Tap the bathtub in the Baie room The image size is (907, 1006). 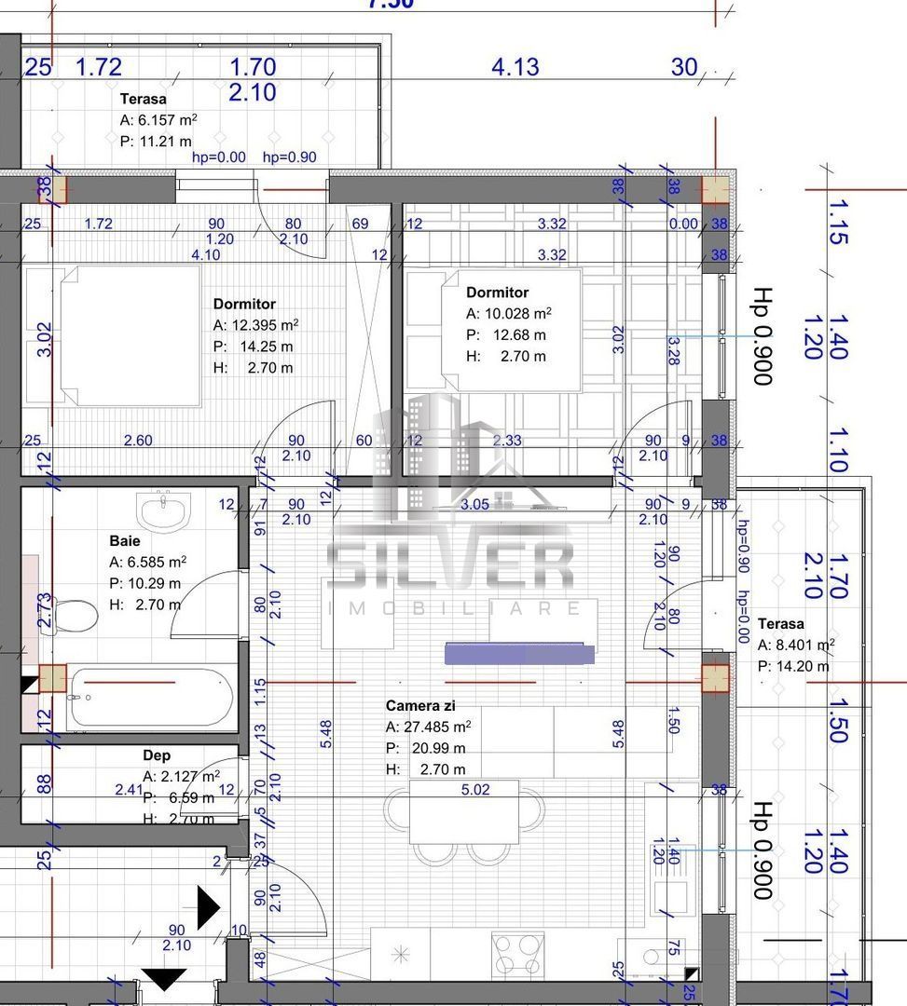point(149,696)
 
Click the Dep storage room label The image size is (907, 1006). point(157,755)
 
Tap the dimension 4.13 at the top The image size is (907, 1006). point(515,67)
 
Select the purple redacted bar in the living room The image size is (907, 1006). point(519,653)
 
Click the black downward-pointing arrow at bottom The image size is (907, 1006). point(164,979)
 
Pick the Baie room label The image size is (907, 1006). point(125,540)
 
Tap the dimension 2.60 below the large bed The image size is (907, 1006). point(137,441)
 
